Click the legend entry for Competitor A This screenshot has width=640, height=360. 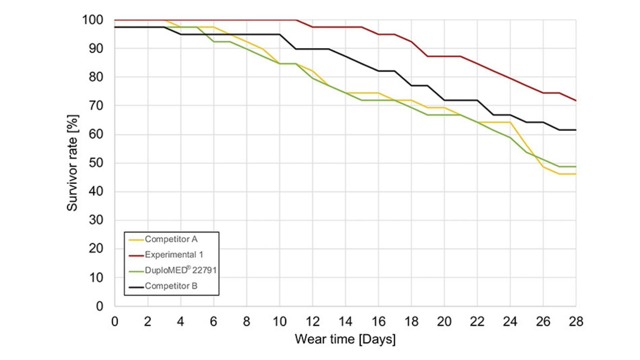pos(171,239)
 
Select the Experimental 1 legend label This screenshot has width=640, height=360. pos(174,255)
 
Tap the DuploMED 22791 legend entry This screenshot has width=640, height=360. pos(180,270)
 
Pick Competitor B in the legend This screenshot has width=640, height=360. pos(171,286)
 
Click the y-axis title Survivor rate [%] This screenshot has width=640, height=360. pos(72,163)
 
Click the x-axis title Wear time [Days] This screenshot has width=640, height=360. pos(345,339)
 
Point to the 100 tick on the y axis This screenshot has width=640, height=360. pos(93,20)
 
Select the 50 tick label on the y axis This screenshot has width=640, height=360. pos(96,163)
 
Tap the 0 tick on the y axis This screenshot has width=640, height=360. pos(99,306)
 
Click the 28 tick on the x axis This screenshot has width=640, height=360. pos(576,322)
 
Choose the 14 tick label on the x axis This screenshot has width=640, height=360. pos(345,322)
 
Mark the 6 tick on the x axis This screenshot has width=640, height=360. pos(213,322)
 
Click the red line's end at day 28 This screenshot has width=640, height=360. pos(576,101)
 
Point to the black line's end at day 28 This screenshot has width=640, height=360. pos(576,130)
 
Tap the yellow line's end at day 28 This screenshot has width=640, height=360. pos(576,174)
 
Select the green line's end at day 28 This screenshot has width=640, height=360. pos(576,167)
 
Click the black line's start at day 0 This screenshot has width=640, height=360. pos(115,27)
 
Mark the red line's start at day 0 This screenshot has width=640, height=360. pos(115,20)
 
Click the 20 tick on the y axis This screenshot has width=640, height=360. pos(96,249)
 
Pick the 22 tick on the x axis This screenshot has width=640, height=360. pos(477,322)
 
